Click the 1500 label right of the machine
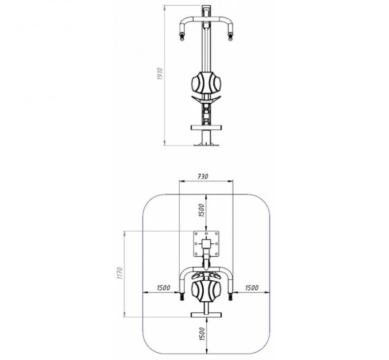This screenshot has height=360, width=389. click(251, 288)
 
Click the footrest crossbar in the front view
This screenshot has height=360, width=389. click(207, 127)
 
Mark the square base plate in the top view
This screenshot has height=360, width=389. click(207, 243)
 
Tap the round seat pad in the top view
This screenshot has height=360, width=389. click(208, 291)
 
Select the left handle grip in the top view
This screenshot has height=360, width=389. click(183, 295)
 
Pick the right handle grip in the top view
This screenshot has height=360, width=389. click(230, 295)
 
